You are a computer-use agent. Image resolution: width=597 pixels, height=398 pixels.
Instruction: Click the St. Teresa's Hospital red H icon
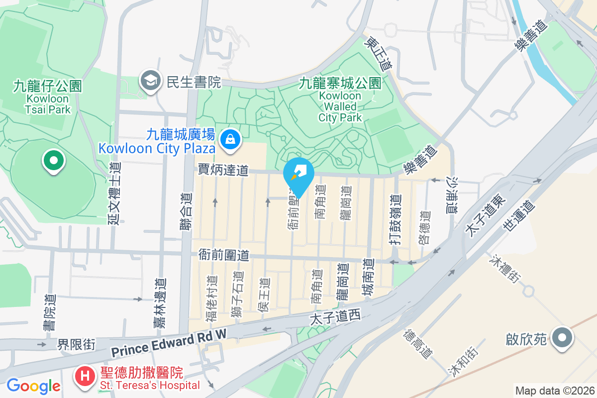pyautogui.click(x=85, y=376)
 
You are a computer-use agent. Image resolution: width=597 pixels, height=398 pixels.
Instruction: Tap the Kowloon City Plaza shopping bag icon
pyautogui.click(x=231, y=139)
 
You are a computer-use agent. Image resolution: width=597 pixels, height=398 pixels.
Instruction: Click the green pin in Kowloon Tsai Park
pyautogui.click(x=54, y=161)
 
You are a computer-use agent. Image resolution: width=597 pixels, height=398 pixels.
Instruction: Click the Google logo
pyautogui.click(x=33, y=386)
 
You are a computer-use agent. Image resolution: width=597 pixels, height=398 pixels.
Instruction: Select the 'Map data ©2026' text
pyautogui.click(x=554, y=391)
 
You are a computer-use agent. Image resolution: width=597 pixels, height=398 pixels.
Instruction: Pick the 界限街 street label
pyautogui.click(x=76, y=344)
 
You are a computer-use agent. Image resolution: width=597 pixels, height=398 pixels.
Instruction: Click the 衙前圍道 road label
pyautogui.click(x=224, y=255)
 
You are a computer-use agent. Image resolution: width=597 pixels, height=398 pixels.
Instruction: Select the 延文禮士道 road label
pyautogui.click(x=115, y=194)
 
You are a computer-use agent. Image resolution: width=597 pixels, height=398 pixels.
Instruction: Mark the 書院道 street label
pyautogui.click(x=49, y=313)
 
